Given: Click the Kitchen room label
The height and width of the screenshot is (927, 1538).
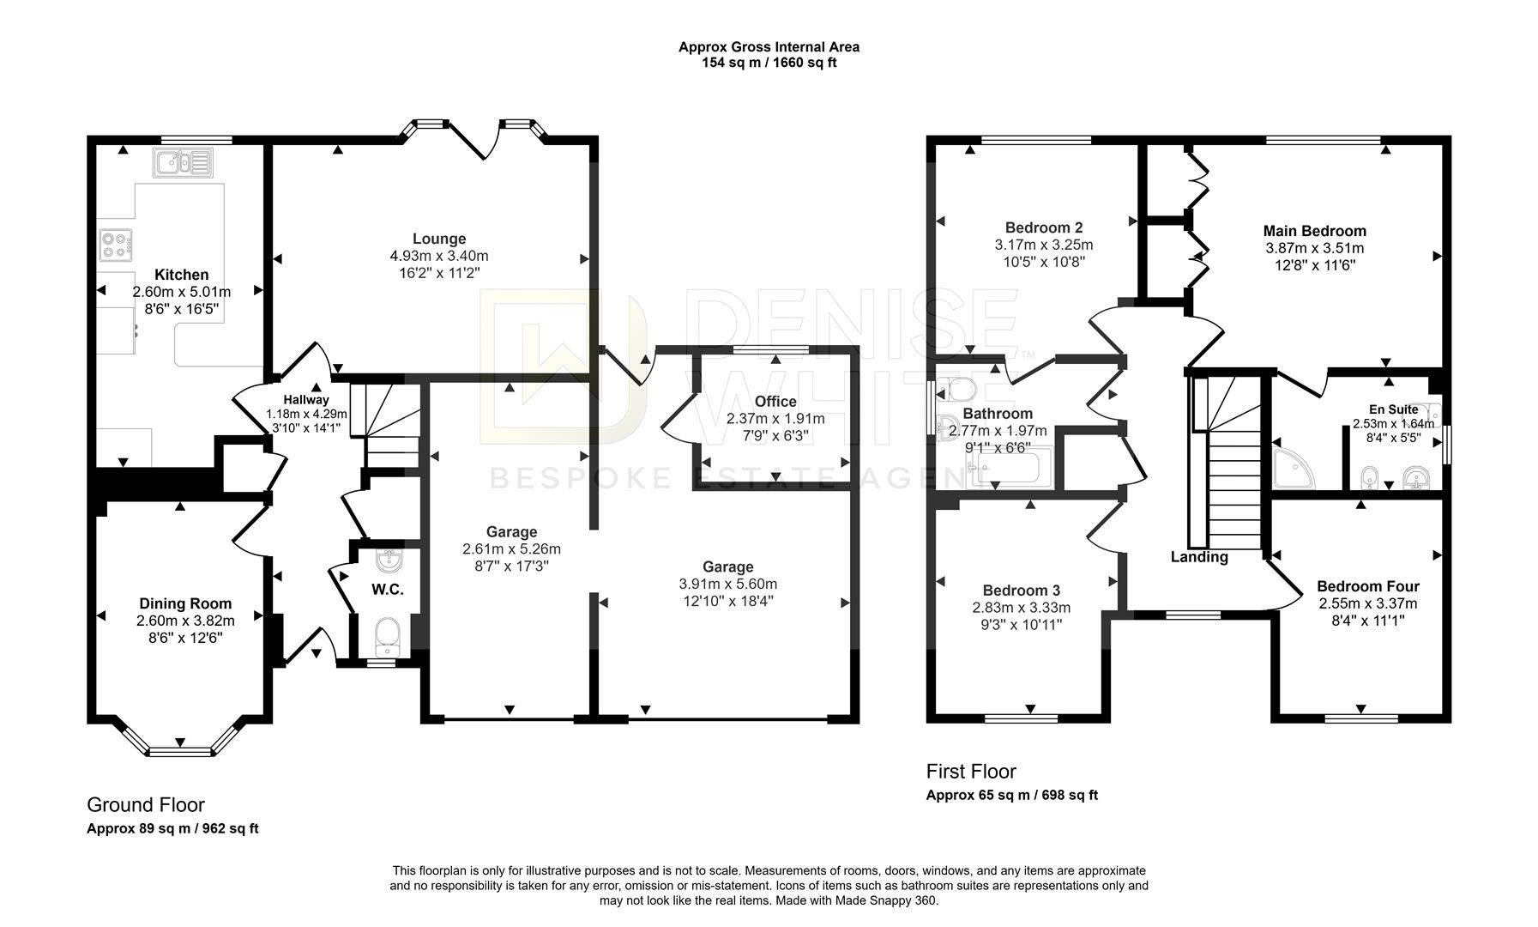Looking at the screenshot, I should [181, 275].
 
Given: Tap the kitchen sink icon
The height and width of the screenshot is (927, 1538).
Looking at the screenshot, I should [183, 161].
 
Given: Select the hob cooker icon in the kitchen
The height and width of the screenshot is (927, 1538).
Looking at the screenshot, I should [116, 245].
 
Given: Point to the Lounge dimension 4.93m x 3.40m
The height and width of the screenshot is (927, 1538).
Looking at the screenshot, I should [438, 256].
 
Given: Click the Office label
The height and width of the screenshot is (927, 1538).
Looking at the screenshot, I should [775, 401].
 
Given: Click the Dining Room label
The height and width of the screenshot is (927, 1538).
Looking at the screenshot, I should [185, 603].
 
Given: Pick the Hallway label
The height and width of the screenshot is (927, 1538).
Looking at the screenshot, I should [306, 399].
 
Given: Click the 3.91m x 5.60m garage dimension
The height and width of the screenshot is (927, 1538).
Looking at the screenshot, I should [727, 584].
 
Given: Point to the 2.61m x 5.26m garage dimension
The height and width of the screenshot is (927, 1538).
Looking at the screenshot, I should [511, 548].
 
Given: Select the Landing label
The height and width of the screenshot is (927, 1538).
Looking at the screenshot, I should [1198, 557].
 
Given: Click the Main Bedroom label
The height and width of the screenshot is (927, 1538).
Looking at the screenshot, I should [1314, 231].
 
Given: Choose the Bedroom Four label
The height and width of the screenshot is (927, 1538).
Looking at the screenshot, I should [1367, 586].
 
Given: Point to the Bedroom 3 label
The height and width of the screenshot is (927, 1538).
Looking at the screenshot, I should [1021, 591].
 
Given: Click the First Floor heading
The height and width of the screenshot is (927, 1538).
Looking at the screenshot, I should [970, 771].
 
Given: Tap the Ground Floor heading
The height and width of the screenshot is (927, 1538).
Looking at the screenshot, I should [146, 805].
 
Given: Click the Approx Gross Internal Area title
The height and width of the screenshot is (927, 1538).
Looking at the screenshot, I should [769, 47].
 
